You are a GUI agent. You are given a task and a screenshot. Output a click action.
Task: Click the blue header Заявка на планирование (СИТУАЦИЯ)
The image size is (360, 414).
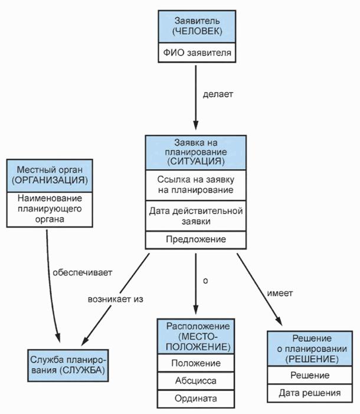click(x=195, y=152)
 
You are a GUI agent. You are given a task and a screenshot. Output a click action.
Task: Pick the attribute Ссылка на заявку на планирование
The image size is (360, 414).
click(x=195, y=185)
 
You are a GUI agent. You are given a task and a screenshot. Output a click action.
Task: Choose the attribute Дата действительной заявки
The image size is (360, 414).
click(x=195, y=215)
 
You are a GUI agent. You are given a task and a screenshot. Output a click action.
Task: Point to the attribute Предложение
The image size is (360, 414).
click(x=195, y=239)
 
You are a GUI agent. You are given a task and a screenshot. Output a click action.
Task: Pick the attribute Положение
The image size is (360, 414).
click(x=195, y=363)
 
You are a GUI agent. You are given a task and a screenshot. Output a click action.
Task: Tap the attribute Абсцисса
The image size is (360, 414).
click(x=195, y=380)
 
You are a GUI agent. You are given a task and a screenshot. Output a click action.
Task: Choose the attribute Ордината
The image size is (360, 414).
click(x=195, y=399)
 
